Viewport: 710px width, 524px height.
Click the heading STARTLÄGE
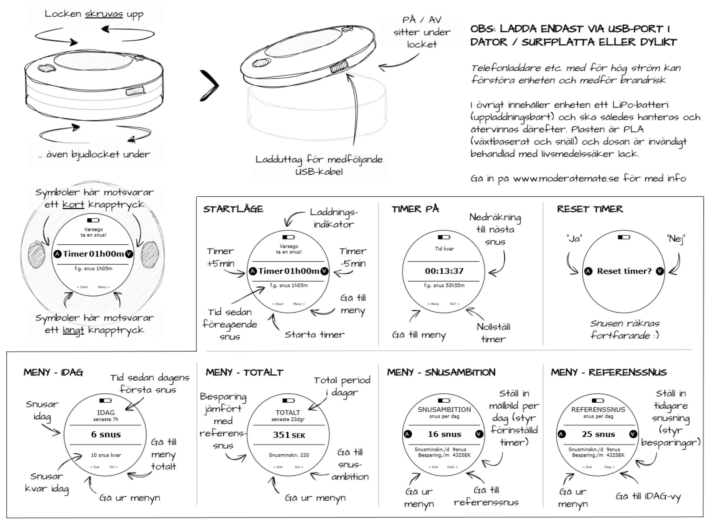click(x=233, y=209)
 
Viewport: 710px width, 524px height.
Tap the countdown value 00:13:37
click(x=444, y=271)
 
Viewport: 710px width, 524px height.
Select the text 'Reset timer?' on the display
click(x=624, y=271)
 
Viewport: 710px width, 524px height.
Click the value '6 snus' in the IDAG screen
click(x=106, y=435)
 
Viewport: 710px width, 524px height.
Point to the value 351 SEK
click(x=289, y=435)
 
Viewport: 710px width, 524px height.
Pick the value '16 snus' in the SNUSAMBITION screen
click(x=444, y=434)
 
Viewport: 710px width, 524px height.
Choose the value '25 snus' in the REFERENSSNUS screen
click(x=598, y=434)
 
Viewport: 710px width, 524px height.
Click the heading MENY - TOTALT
click(x=244, y=372)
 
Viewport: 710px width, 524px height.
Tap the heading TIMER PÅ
click(x=415, y=209)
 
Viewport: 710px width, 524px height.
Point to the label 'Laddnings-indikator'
click(x=333, y=218)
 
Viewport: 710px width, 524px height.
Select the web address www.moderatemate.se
click(x=566, y=178)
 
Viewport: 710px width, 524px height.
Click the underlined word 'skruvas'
click(x=104, y=14)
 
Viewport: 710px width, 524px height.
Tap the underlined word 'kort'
click(x=73, y=205)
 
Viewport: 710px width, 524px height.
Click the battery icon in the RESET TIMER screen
click(x=624, y=237)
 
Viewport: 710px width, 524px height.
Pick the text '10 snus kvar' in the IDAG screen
click(x=106, y=455)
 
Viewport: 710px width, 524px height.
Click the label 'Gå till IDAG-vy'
click(x=648, y=497)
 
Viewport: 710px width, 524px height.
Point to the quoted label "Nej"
click(x=676, y=239)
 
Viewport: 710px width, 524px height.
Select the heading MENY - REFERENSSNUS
click(x=609, y=372)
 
